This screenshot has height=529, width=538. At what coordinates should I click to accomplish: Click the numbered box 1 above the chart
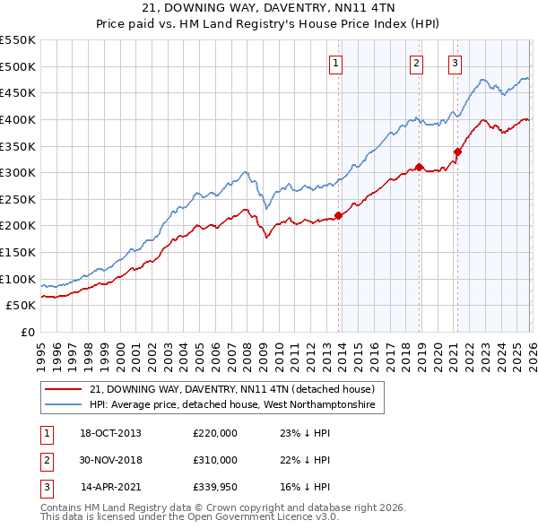tap(335, 63)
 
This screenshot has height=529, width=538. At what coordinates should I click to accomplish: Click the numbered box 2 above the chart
tap(417, 63)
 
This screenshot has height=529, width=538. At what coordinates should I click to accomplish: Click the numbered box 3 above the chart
tap(455, 63)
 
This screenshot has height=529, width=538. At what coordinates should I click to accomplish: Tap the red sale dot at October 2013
tap(338, 215)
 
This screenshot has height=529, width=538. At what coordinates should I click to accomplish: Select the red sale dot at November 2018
tap(420, 168)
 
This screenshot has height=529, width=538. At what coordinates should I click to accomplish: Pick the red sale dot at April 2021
tap(457, 152)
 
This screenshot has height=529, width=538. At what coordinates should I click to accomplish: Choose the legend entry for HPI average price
tap(236, 405)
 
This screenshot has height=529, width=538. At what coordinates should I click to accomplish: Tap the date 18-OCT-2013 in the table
tap(111, 434)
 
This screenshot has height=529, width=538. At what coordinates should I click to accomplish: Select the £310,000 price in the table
tap(215, 461)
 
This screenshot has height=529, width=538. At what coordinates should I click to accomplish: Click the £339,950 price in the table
tap(215, 488)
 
